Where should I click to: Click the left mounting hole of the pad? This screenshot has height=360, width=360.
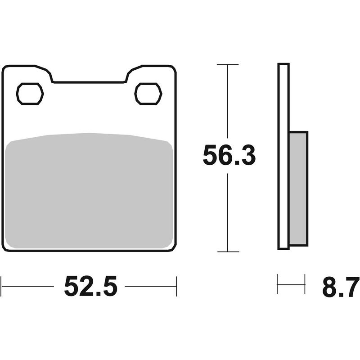30,94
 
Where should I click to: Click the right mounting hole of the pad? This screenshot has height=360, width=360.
148,94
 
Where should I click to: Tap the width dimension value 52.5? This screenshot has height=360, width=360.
90,286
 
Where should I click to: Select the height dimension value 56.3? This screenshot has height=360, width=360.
229,156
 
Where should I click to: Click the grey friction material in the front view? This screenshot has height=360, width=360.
90,191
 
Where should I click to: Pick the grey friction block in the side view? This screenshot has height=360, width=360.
298,189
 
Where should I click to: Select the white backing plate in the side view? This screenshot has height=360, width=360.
283,156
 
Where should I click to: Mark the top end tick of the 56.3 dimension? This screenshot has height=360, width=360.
228,65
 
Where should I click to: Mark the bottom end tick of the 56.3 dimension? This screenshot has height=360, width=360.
228,252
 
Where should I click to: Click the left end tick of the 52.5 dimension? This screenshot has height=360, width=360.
2,286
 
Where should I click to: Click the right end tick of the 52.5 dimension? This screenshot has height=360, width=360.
176,286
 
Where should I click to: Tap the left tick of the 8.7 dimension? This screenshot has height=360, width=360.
278,284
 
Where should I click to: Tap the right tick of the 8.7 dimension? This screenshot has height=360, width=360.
305,284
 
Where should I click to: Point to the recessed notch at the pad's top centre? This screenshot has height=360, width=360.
89,81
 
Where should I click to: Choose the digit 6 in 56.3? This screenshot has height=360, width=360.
225,156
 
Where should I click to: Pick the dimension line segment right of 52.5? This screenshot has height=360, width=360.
150,286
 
